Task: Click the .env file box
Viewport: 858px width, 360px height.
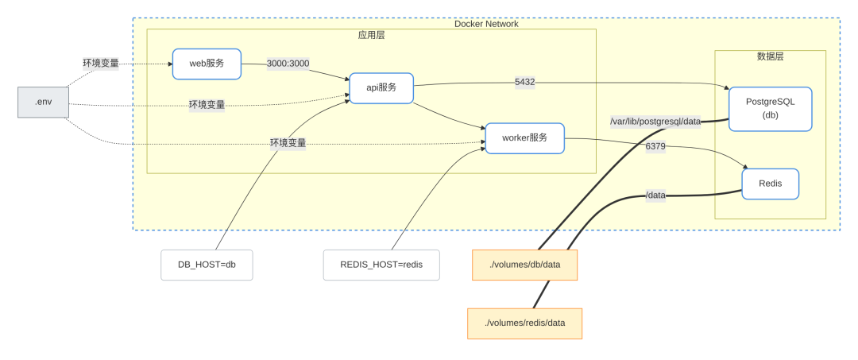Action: click(43, 103)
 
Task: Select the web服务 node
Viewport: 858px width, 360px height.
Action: click(207, 64)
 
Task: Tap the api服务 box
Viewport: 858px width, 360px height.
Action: click(381, 87)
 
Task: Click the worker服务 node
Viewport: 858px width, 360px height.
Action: click(524, 137)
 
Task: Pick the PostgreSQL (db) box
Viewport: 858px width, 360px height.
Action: click(770, 109)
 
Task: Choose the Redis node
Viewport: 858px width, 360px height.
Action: click(770, 184)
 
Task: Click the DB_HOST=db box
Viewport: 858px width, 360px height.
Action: click(207, 265)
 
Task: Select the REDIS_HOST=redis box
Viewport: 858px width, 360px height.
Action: click(381, 265)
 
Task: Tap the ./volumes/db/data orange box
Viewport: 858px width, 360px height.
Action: click(524, 265)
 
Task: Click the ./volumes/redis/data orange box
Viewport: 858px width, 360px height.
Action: click(524, 323)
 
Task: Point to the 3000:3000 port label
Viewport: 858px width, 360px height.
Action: click(288, 64)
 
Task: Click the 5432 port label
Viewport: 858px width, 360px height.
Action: click(525, 82)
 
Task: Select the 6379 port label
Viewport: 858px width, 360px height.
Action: click(655, 146)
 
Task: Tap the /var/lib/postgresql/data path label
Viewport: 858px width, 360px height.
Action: click(655, 122)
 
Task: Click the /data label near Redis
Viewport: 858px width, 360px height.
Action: click(655, 195)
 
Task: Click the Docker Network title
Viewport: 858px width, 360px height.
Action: click(486, 24)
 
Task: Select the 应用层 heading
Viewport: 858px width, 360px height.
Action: click(372, 36)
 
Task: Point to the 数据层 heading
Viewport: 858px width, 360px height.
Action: click(770, 56)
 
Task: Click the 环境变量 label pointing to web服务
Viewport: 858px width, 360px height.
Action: click(101, 63)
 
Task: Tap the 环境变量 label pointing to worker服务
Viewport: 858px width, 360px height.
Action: click(288, 143)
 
